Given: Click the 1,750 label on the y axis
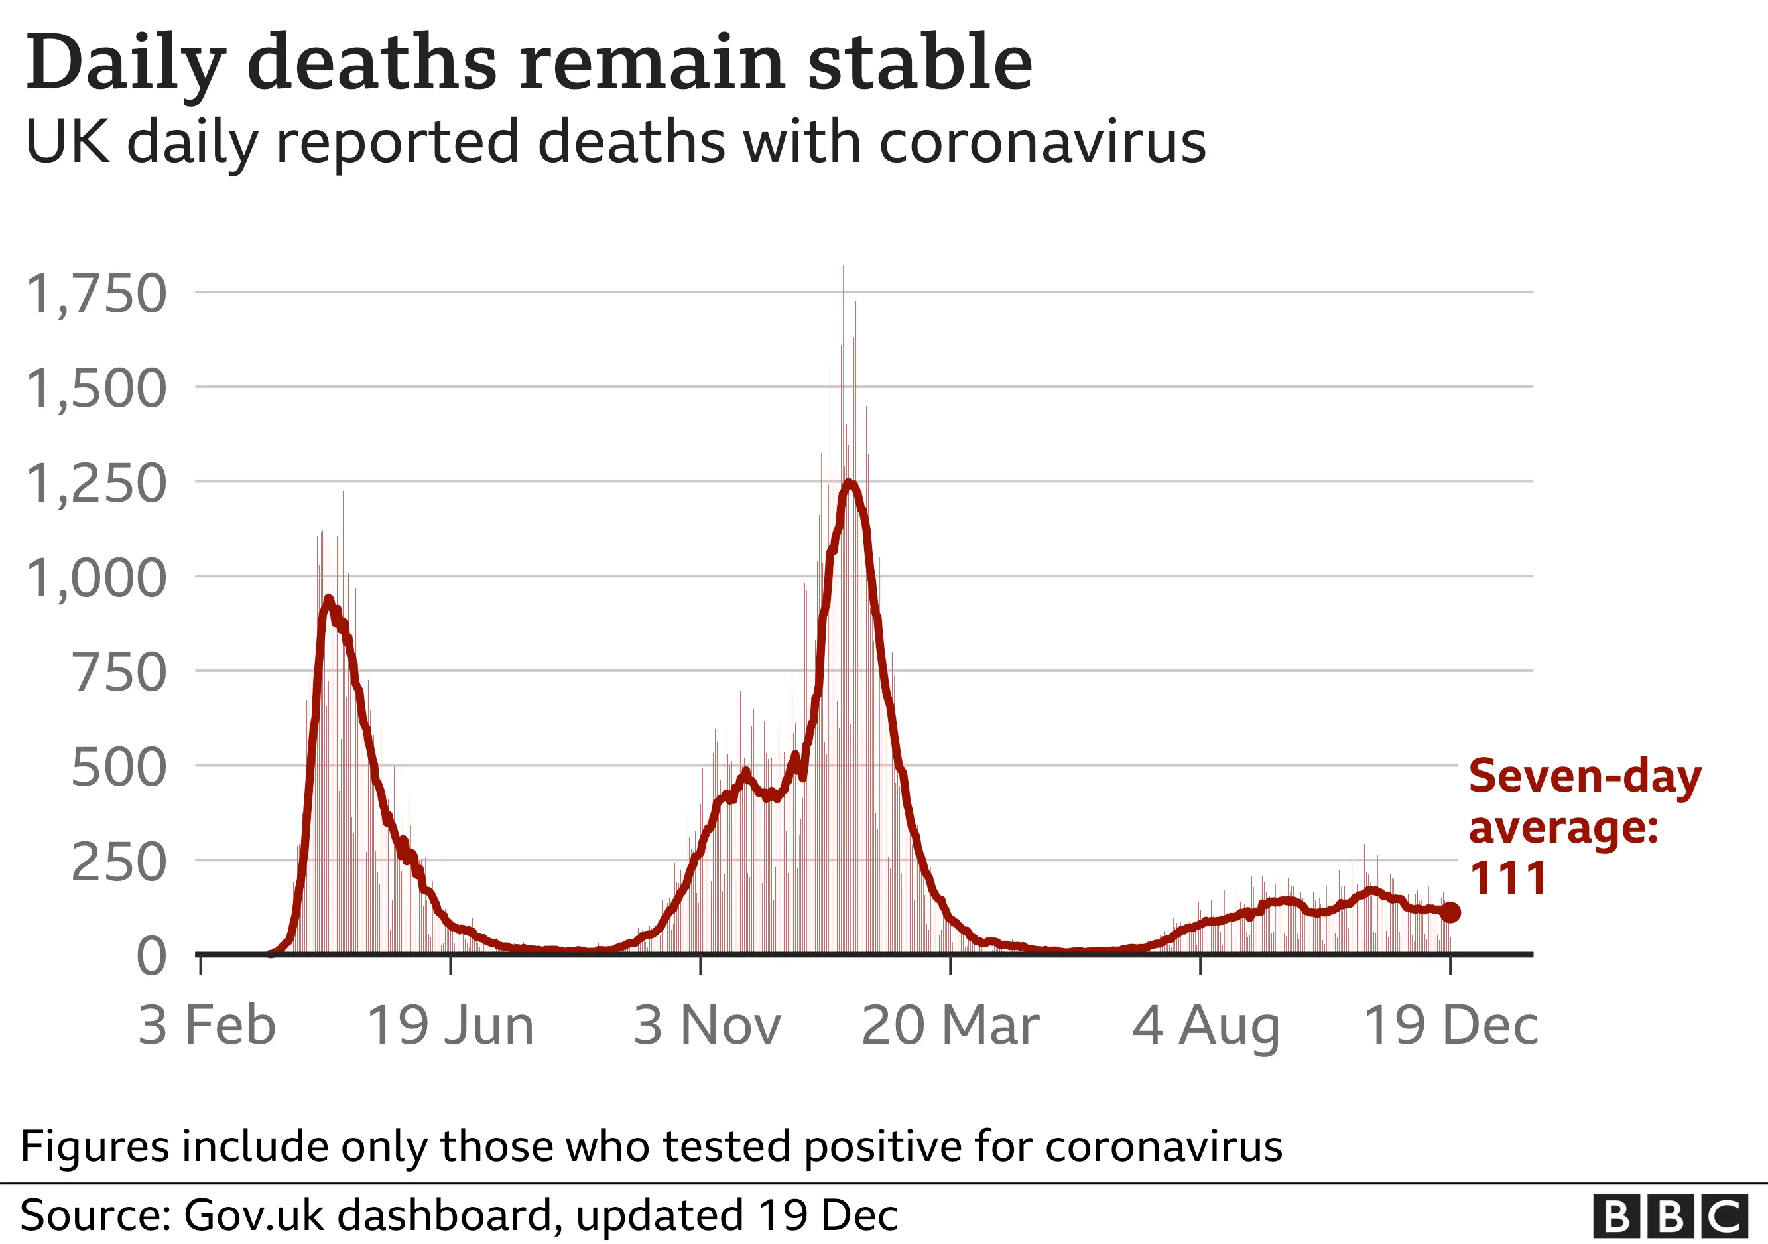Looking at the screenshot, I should click(96, 294).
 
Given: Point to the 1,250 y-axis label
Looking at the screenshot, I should click(96, 484).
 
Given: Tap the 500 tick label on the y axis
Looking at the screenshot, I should click(119, 769).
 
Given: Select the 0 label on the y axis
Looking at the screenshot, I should click(151, 958).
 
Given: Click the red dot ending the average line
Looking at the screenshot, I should click(1450, 913).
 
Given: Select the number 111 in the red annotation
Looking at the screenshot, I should click(1508, 878).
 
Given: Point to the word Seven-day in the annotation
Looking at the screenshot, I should click(1585, 776).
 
